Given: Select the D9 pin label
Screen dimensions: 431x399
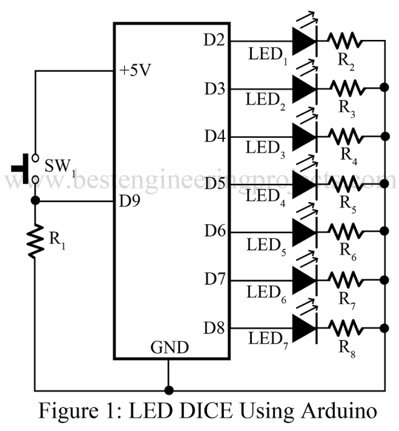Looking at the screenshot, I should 131,202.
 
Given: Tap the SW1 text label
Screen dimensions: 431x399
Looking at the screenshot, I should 57,168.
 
